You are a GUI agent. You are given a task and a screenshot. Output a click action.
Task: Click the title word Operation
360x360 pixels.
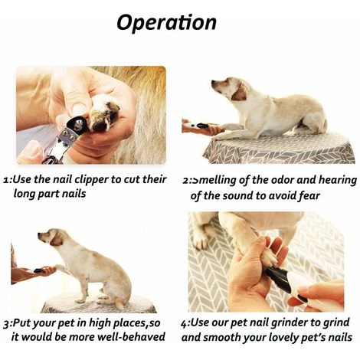tap(166, 23)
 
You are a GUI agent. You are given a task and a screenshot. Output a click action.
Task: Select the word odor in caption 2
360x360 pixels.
tap(283, 180)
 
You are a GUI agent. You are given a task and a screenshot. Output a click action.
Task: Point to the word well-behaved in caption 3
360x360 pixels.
tap(135, 336)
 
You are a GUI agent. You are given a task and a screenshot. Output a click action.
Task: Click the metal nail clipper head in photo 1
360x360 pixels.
tap(76, 126)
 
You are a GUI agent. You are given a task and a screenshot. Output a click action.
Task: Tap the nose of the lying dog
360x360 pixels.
tap(213, 82)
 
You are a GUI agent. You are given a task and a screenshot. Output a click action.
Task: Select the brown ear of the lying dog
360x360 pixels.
tap(239, 93)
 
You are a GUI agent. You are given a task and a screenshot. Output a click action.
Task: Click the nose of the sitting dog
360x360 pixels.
tap(40, 234)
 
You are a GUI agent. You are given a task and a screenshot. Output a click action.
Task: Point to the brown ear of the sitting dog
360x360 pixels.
tap(56, 240)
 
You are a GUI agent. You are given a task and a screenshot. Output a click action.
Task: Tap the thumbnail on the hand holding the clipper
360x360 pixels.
tap(79, 109)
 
